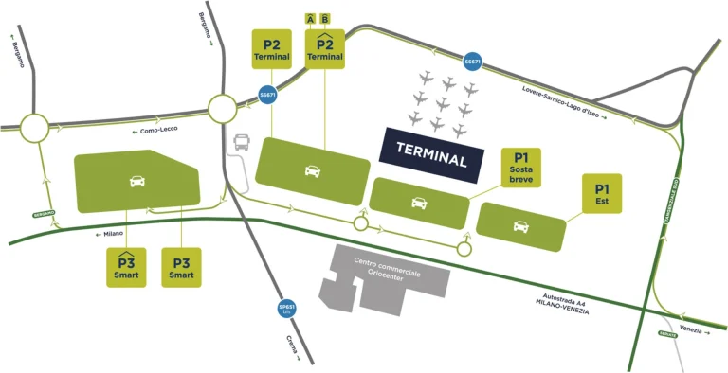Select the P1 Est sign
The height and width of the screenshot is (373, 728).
(602, 191)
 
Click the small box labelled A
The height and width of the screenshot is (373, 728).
(310, 18)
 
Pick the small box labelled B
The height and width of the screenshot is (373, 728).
(326, 18)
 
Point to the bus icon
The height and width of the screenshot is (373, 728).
(244, 143)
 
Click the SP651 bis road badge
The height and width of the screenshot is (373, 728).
(285, 309)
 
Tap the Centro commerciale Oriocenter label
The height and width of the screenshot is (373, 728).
(387, 266)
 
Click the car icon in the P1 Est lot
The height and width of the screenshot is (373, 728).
(520, 225)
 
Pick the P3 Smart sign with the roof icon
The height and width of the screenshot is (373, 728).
(125, 266)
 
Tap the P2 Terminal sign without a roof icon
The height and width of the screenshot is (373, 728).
(272, 47)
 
